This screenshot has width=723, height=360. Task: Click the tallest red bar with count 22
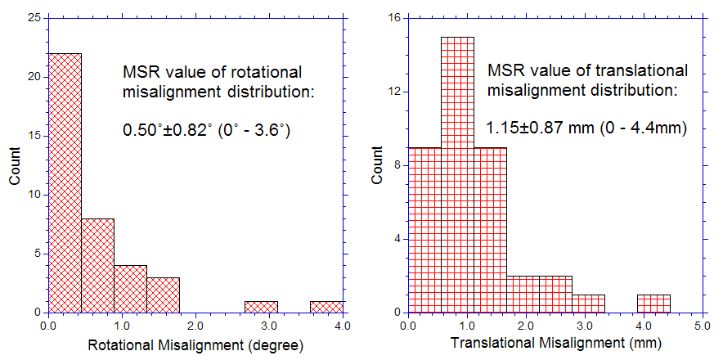tap(65, 182)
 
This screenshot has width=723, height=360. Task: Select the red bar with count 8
tap(97, 265)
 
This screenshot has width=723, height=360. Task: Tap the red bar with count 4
tap(130, 288)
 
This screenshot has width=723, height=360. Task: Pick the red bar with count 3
tap(163, 295)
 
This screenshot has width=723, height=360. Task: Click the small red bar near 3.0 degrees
tap(261, 307)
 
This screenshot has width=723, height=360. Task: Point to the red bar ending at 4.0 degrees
tap(326, 307)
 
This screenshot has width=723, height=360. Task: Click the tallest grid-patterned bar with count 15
tap(457, 174)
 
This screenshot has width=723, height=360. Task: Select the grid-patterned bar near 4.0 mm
tap(653, 304)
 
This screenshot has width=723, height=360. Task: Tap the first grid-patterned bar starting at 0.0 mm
tap(424, 229)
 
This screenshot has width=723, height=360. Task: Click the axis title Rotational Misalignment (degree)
tap(195, 345)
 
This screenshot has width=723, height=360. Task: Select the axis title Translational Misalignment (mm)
tap(555, 345)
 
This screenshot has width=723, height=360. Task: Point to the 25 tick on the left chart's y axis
tap(37, 18)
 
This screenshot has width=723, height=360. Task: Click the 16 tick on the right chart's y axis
tap(395, 18)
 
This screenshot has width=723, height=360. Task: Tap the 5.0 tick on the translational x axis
tap(702, 326)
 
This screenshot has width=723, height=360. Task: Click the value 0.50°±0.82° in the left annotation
tap(166, 129)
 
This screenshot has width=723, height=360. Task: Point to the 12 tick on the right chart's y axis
tap(395, 92)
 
